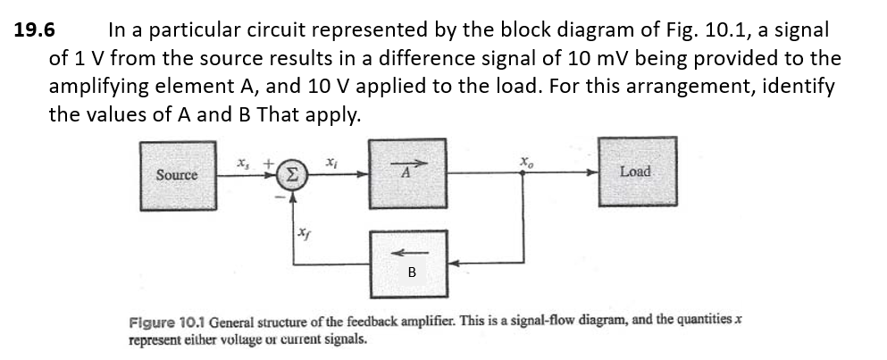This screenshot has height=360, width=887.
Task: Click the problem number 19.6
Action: (35, 29)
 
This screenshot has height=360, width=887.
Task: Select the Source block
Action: (177, 174)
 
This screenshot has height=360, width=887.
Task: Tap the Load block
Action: (635, 171)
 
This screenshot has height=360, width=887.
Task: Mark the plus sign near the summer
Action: (266, 161)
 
